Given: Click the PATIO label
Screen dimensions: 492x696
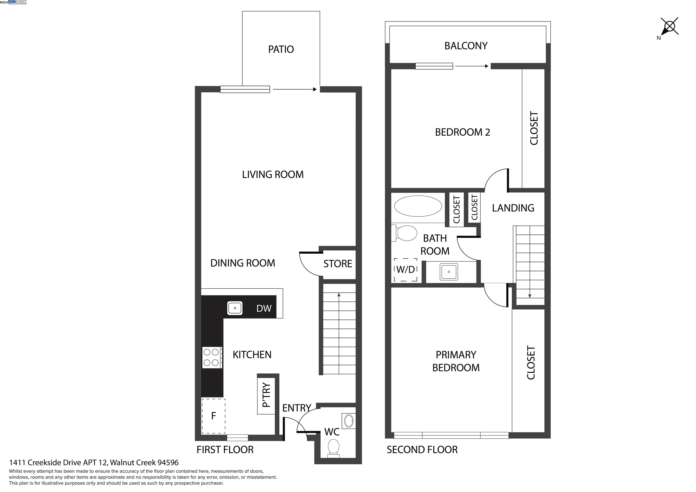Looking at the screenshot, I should (x=281, y=49).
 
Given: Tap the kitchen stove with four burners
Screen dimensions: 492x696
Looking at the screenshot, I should (x=211, y=357).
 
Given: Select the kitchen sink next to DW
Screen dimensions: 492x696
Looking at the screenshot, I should (x=235, y=308).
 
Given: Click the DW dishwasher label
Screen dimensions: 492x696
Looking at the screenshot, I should (x=264, y=309).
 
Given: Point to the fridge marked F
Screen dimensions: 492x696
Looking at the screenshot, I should (x=213, y=416).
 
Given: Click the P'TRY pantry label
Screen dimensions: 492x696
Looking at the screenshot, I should (x=266, y=395).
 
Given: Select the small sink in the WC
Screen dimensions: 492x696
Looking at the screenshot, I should (x=349, y=421).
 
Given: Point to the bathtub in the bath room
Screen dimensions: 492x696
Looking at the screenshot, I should (x=418, y=206).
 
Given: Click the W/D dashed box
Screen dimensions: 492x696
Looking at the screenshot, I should (x=406, y=269).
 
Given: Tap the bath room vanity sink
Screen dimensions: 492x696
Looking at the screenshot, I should (x=449, y=272).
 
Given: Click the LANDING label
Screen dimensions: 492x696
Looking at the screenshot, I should (x=513, y=208).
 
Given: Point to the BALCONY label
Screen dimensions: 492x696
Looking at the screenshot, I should (x=466, y=46).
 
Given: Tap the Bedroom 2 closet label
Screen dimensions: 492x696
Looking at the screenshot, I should (x=534, y=128).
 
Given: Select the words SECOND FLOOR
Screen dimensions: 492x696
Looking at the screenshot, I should (x=422, y=450).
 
